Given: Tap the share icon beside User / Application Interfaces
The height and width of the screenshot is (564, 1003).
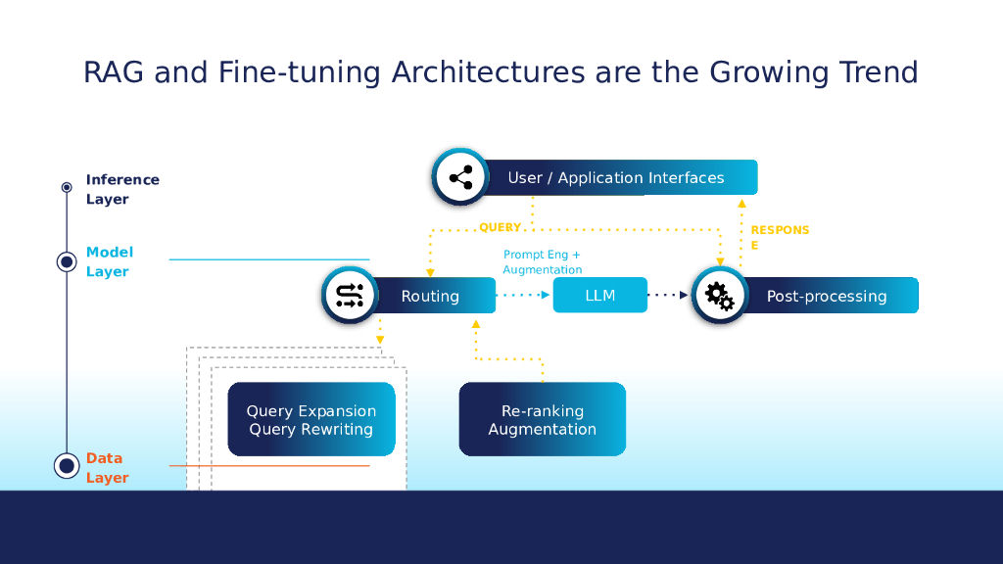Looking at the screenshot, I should click(x=460, y=177).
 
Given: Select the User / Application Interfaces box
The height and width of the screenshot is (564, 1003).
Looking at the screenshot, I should click(x=616, y=177).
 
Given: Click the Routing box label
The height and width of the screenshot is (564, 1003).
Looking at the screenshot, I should click(x=430, y=296).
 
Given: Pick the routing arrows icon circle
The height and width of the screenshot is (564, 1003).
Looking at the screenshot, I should click(x=350, y=296).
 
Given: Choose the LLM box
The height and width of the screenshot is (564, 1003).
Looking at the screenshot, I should click(x=599, y=295).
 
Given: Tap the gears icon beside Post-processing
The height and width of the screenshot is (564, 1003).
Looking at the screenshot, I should click(x=720, y=295).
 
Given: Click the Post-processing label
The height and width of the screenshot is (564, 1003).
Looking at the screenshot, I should click(x=827, y=296).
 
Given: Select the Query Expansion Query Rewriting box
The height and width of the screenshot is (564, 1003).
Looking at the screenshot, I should click(x=310, y=420).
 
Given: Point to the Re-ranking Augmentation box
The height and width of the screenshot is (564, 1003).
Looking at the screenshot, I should click(x=542, y=420).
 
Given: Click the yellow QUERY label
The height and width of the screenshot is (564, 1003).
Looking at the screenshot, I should click(x=500, y=227).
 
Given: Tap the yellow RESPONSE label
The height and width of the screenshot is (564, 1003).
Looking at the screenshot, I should click(x=779, y=237).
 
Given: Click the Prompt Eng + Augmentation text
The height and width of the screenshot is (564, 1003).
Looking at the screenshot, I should click(x=542, y=261).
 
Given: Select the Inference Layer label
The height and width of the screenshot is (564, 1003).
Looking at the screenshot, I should click(x=121, y=189).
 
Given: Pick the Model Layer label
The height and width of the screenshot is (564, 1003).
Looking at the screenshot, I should click(x=109, y=261).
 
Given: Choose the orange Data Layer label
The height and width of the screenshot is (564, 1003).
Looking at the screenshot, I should click(x=107, y=467).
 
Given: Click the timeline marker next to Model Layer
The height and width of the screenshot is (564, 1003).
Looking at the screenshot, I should click(x=67, y=261).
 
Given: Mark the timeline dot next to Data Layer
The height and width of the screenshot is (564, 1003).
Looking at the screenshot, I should click(x=67, y=466).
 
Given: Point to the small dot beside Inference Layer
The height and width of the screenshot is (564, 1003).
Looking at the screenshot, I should click(x=67, y=186).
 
